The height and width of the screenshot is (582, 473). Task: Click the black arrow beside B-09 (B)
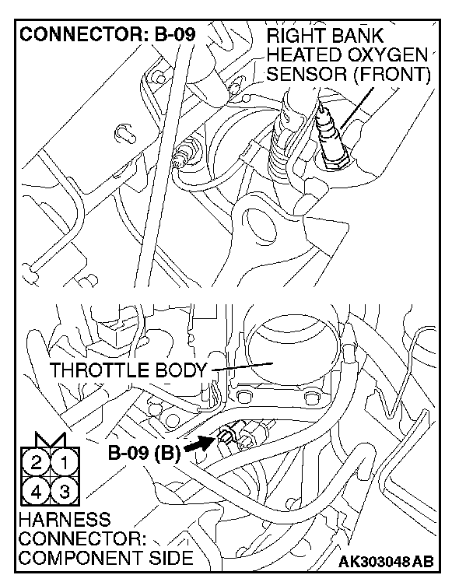198,445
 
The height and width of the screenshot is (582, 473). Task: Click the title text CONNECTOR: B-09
106,35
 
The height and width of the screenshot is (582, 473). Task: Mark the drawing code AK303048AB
386,562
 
